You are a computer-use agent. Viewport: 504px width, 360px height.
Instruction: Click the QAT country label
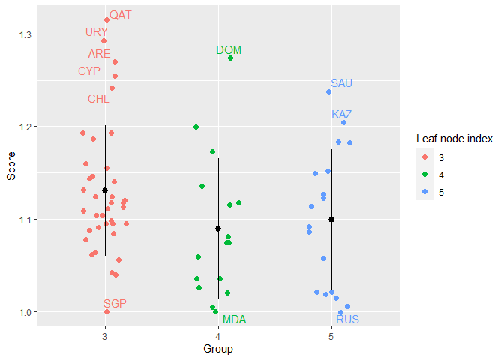120,15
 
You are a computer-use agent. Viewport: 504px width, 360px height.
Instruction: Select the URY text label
97,32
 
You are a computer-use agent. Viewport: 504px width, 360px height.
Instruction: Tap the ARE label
99,54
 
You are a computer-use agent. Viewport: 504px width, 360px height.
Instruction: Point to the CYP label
89,71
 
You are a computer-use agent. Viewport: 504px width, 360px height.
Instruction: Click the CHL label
98,99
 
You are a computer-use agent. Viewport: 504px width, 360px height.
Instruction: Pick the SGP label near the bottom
115,303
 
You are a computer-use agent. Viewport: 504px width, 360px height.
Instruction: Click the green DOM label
229,50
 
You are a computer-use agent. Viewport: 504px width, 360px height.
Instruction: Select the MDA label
234,319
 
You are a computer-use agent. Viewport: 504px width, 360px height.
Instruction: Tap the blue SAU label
341,82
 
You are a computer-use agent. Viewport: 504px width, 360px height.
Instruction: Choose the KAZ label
341,115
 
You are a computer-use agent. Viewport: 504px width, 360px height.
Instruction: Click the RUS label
347,319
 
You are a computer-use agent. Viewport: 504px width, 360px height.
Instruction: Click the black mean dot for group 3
105,190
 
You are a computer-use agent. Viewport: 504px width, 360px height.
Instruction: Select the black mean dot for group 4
218,229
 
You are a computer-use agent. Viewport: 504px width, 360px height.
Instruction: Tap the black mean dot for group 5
331,220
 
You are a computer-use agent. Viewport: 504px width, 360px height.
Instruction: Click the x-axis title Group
218,349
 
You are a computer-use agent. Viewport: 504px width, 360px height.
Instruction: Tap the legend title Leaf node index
454,139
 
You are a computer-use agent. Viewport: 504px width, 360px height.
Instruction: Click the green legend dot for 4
425,175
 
